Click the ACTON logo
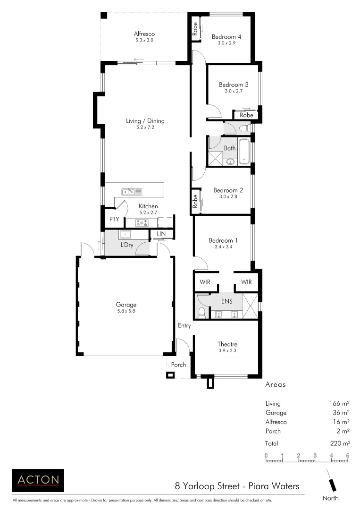click(x=38, y=480)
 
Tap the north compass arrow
click(x=333, y=483)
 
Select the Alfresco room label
click(x=144, y=34)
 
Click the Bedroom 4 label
click(x=226, y=37)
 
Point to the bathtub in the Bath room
click(x=244, y=152)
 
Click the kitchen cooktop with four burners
click(x=142, y=222)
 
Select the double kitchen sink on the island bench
click(x=131, y=192)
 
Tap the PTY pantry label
click(x=114, y=219)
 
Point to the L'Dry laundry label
click(x=127, y=245)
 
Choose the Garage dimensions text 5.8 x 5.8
click(x=126, y=311)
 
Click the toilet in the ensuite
click(x=202, y=312)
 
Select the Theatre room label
click(x=227, y=344)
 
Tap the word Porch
click(x=178, y=365)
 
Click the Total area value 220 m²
click(x=339, y=443)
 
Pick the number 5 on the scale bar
click(x=348, y=456)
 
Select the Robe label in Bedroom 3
click(x=246, y=115)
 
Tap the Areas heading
click(x=276, y=385)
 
